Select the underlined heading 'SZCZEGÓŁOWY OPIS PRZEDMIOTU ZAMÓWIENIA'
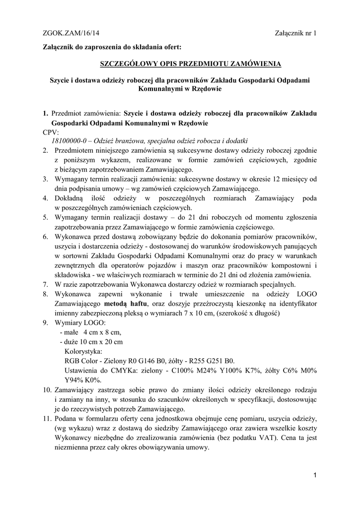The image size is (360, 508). pyautogui.click(x=191, y=64)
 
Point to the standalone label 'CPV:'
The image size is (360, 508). pyautogui.click(x=51, y=132)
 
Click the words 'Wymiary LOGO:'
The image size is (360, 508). pyautogui.click(x=80, y=323)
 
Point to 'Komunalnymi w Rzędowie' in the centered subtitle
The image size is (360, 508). pyautogui.click(x=180, y=89)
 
